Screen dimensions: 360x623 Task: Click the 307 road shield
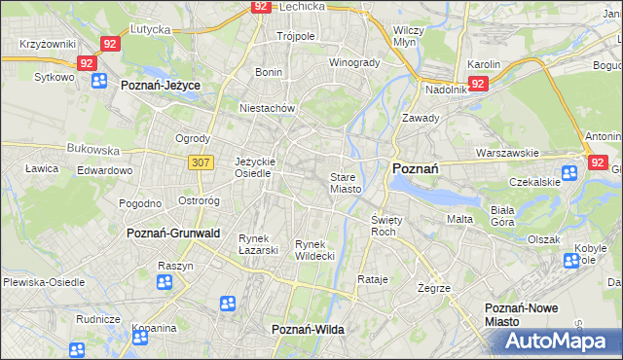(201, 162)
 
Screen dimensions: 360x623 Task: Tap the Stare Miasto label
(346, 183)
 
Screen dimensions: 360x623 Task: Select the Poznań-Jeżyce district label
(161, 86)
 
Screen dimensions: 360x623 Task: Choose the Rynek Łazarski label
(259, 244)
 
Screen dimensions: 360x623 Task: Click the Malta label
(459, 219)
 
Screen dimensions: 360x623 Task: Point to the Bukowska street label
(92, 150)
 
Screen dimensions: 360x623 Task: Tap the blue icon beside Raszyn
(165, 282)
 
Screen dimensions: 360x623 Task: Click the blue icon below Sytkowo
(98, 81)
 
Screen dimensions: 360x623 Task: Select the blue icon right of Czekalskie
(569, 173)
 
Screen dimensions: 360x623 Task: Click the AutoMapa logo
(552, 341)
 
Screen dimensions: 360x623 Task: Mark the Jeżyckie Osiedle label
(256, 167)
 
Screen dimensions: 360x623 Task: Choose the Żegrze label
(433, 288)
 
